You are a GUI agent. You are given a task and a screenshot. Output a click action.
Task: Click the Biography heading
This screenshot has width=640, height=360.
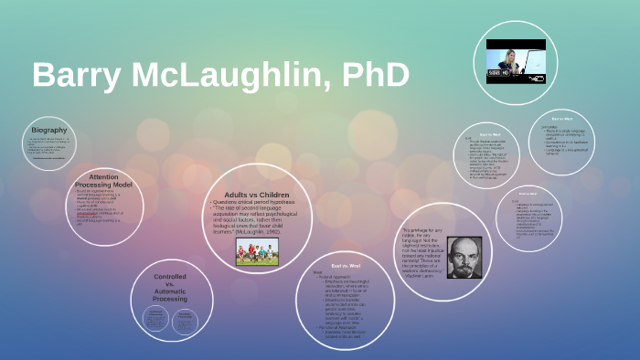(x=48, y=131)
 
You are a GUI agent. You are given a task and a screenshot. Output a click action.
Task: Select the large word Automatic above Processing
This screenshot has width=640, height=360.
(x=171, y=291)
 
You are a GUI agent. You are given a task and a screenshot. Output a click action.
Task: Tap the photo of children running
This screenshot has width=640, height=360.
(x=257, y=252)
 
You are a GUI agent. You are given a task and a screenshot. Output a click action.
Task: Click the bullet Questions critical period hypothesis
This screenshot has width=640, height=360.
(x=258, y=202)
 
